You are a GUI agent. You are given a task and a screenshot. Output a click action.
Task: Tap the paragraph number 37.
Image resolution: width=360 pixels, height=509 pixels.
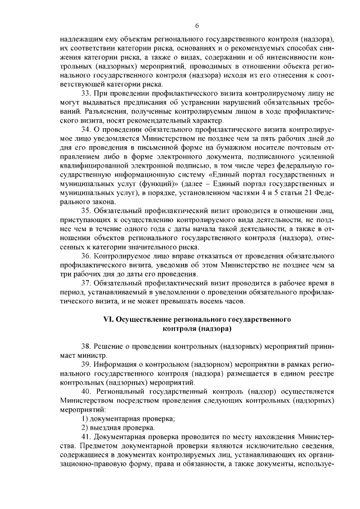pos(86,282)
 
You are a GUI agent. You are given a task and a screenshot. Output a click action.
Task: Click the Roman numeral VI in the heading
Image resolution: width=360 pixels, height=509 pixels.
pos(108,319)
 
